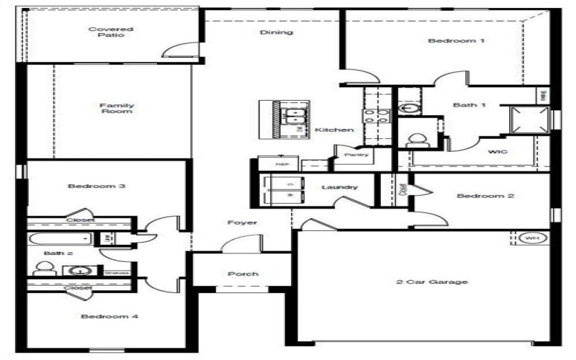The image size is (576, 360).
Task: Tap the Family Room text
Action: (x=117, y=109)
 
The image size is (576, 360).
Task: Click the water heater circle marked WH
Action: (x=531, y=238)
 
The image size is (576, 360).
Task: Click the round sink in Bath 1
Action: (x=409, y=109)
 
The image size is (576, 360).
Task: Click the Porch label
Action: (x=243, y=274)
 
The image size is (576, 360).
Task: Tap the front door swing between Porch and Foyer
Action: (x=234, y=246)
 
